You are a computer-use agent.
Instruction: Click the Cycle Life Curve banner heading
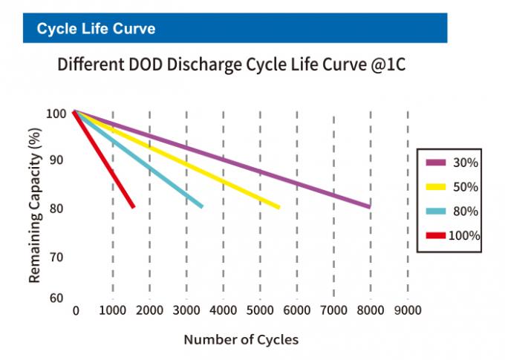click(96, 29)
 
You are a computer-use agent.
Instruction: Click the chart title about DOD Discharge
click(231, 66)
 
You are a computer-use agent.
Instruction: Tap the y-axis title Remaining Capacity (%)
click(34, 204)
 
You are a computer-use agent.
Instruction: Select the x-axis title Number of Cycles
click(241, 340)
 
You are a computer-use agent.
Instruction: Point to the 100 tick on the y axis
click(56, 114)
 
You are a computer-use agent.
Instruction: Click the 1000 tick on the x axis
click(112, 310)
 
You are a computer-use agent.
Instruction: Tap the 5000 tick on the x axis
click(259, 310)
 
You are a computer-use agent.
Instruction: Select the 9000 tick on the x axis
click(407, 310)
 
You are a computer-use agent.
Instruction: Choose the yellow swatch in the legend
click(435, 186)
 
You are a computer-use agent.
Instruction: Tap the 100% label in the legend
click(466, 236)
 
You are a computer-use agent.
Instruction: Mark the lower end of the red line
click(132, 206)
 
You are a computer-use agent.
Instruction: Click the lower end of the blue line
click(201, 206)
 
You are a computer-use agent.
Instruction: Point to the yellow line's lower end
click(278, 207)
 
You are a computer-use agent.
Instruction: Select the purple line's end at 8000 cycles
click(368, 206)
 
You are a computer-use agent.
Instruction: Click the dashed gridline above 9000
click(408, 200)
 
